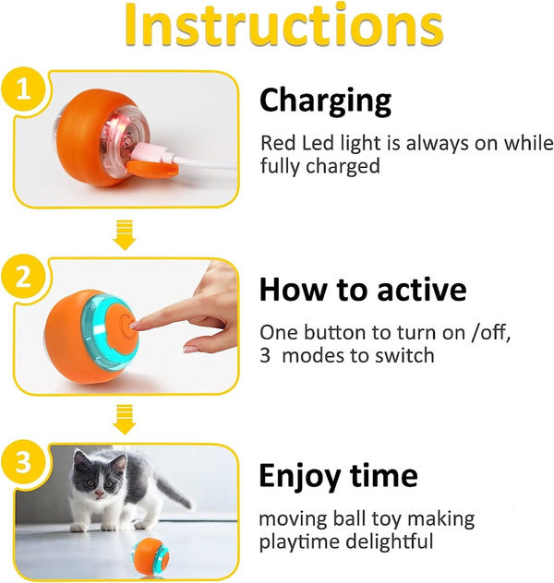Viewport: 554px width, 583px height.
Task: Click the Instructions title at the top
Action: pyautogui.click(x=277, y=29)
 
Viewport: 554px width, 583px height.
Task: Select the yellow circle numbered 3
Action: pyautogui.click(x=20, y=459)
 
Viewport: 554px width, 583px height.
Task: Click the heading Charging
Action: pyautogui.click(x=325, y=100)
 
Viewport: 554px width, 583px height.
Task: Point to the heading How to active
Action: pyautogui.click(x=363, y=289)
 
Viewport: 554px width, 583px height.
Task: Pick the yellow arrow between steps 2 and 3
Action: pyautogui.click(x=124, y=421)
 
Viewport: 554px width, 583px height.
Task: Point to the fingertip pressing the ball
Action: pyautogui.click(x=137, y=324)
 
